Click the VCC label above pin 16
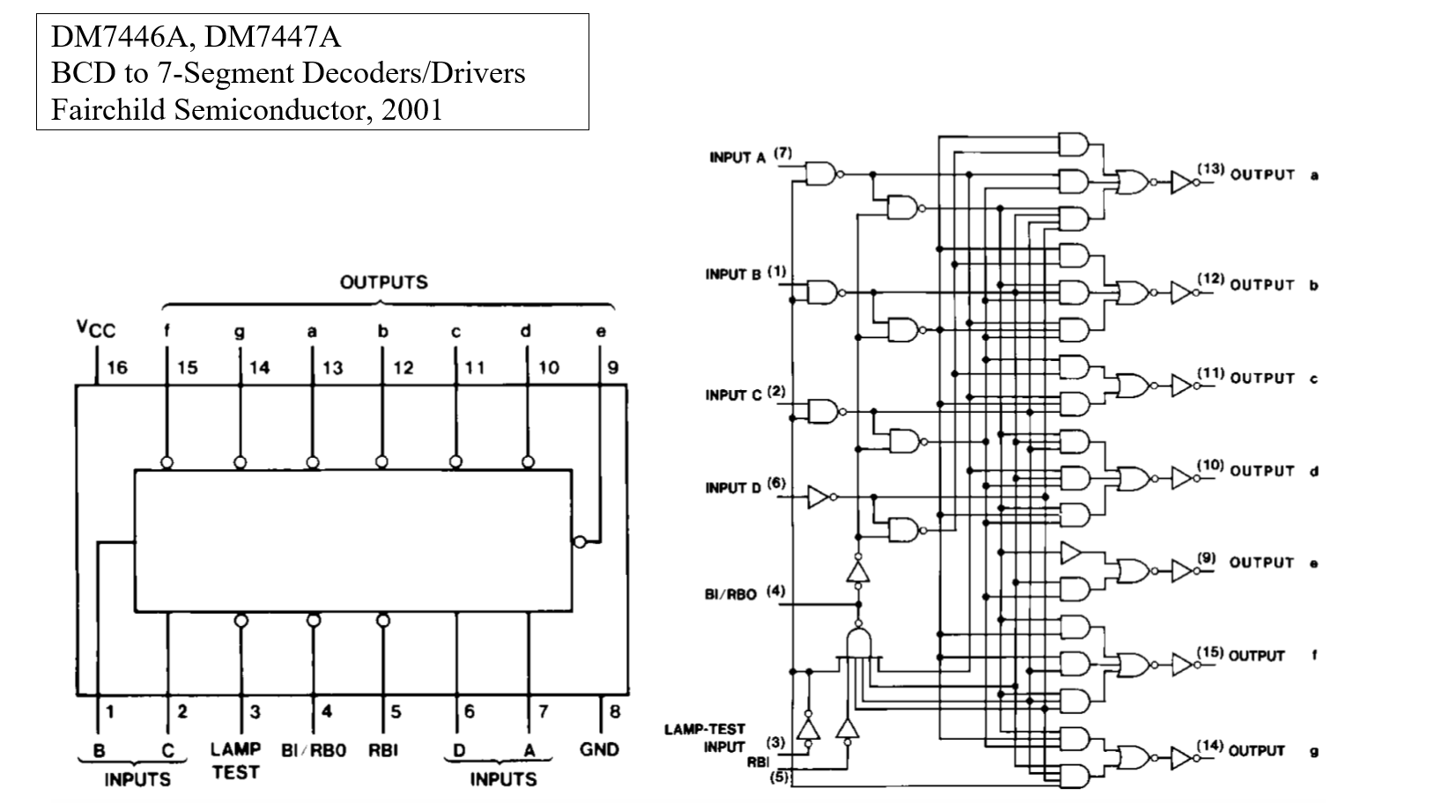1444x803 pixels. coord(95,329)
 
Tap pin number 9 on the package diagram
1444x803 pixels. coord(613,367)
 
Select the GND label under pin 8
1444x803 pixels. coord(599,749)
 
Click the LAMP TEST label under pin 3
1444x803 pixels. coord(235,760)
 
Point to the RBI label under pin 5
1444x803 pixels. coord(384,749)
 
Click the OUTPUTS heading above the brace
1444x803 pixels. coord(383,283)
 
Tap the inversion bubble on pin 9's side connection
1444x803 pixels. coord(579,541)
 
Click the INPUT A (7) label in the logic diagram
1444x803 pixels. coord(750,157)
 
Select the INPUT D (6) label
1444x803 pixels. coord(744,487)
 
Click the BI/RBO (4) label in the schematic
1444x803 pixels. coord(744,593)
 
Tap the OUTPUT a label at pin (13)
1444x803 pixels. coord(1273,174)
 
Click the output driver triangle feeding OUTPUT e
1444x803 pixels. coord(1182,571)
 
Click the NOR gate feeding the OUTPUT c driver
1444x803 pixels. coord(1133,386)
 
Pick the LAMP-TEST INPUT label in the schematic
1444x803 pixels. coord(704,738)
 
